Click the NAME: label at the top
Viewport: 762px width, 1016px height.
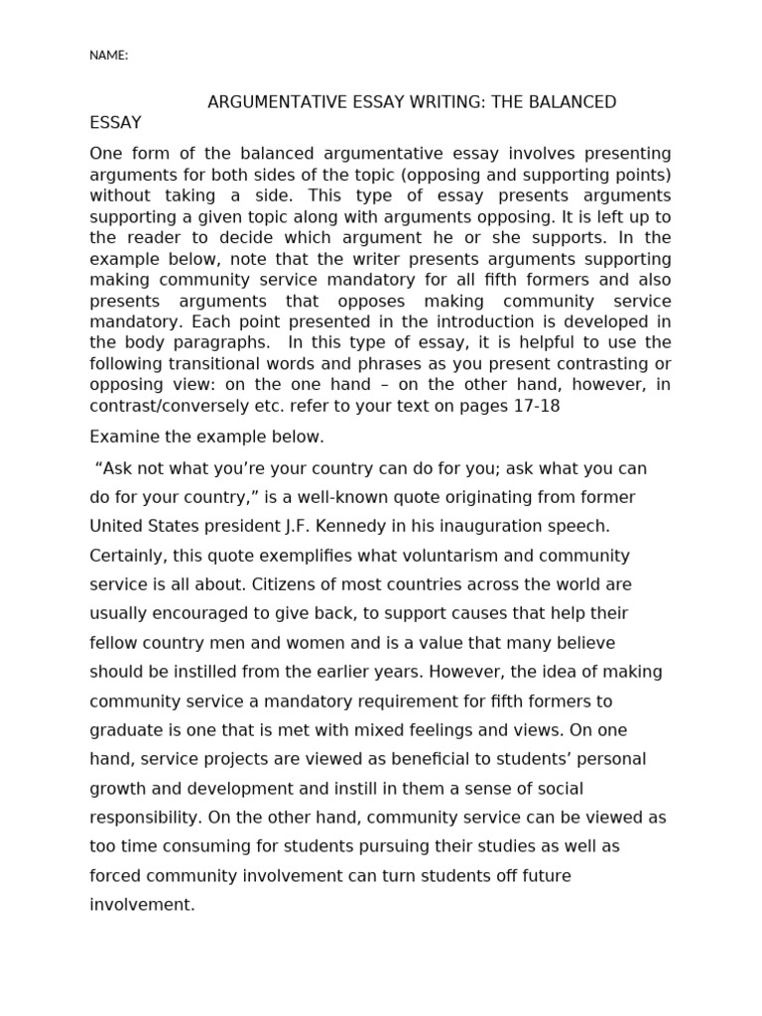[x=108, y=56]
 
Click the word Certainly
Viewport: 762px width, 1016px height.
[x=127, y=555]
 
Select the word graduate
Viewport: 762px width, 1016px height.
[x=124, y=730]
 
